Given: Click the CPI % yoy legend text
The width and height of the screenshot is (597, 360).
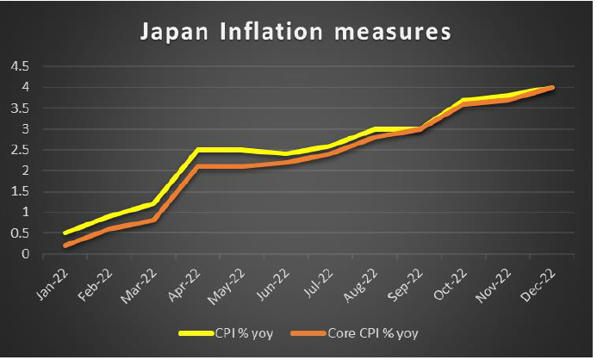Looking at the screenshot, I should (244, 332).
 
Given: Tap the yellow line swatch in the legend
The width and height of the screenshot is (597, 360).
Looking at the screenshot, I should (194, 332).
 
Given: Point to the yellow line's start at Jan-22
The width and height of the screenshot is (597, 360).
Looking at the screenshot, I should (65, 233).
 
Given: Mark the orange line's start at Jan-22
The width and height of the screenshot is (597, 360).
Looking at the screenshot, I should (65, 245).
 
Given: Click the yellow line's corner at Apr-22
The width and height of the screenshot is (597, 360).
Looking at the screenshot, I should (198, 150).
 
